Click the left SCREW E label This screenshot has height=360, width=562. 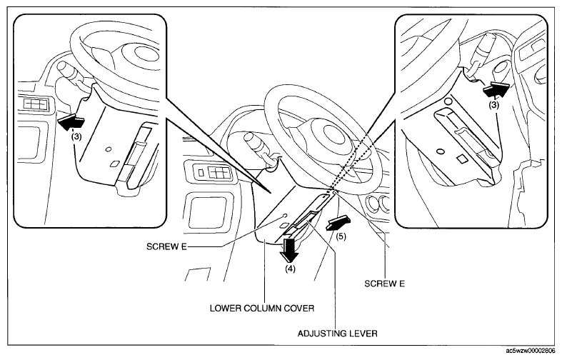click(166, 246)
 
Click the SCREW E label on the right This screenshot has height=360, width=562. click(385, 284)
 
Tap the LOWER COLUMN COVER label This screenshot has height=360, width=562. click(262, 308)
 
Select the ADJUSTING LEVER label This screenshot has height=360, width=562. click(338, 334)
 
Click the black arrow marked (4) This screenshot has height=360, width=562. click(289, 250)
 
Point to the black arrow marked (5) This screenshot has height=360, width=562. click(338, 223)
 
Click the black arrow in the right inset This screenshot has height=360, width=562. click(496, 89)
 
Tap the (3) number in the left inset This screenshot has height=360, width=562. click(76, 136)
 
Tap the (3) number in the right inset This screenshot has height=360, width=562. click(494, 105)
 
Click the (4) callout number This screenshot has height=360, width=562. click(290, 269)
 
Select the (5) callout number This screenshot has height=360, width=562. click(341, 237)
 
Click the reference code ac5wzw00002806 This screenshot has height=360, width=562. click(533, 350)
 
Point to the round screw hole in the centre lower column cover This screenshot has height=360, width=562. click(284, 216)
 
